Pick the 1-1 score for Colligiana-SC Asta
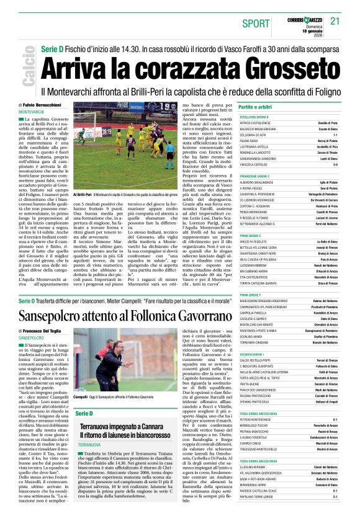(334, 135)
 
